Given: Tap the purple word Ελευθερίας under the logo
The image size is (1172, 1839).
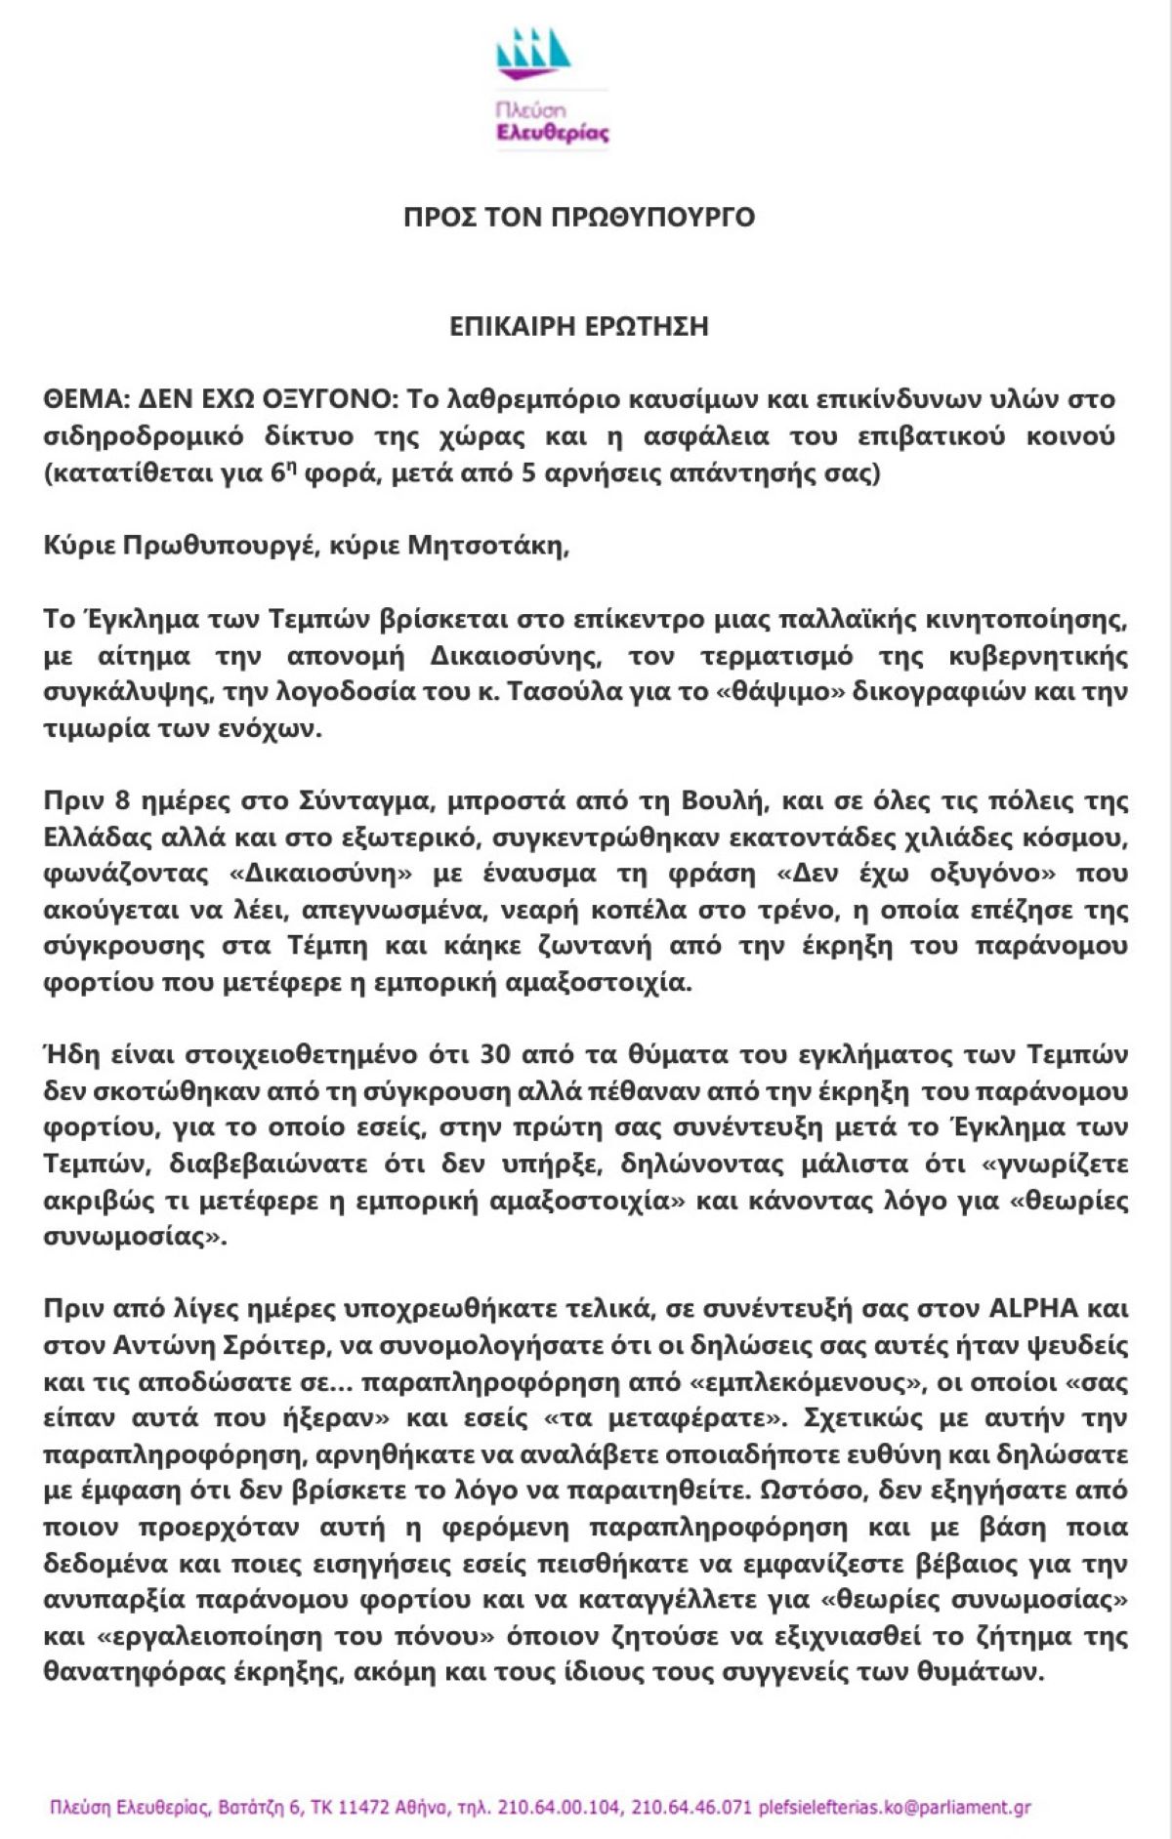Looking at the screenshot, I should (552, 134).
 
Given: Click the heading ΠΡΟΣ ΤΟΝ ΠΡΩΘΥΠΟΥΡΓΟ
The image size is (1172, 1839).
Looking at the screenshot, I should (579, 217).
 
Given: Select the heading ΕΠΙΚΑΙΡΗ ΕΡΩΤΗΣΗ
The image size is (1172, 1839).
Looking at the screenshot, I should (579, 326).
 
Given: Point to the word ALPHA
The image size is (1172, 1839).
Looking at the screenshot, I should (1034, 1309).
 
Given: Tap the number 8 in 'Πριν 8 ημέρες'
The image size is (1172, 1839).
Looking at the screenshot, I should (122, 801).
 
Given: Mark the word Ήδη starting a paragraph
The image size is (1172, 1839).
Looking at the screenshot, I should (66, 1055).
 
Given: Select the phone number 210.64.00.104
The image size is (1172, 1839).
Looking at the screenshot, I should (559, 1808).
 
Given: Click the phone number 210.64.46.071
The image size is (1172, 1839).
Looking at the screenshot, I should (691, 1808).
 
